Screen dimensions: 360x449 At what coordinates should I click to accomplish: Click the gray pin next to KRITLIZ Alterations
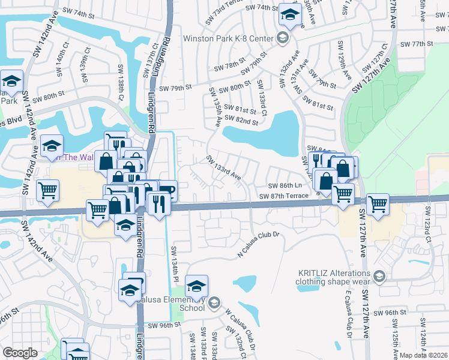pos(378,276)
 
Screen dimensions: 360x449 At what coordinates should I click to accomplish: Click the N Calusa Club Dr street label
pos(259,238)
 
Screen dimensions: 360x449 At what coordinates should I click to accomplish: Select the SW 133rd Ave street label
pos(224,168)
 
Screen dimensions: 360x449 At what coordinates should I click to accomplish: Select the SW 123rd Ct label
pos(429,221)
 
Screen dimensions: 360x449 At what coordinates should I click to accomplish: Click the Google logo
pos(20,353)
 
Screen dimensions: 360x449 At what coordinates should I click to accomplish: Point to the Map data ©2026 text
pos(423,355)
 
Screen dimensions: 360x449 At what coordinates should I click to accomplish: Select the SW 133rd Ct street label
pos(262,97)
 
